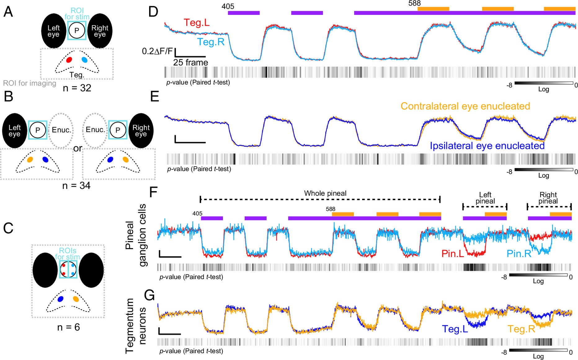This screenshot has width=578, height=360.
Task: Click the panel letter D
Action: click(153, 12)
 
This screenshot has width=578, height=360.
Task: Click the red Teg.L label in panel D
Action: click(196, 22)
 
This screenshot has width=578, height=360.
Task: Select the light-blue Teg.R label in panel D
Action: click(211, 42)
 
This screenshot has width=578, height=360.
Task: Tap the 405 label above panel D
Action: click(228, 6)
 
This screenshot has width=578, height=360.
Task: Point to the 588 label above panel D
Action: click(414, 3)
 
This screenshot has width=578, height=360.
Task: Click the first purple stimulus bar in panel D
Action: click(243, 13)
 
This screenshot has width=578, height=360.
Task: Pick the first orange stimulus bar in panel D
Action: click(433, 9)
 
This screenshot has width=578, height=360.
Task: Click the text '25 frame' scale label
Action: click(190, 62)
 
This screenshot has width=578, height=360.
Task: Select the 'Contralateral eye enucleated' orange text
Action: click(465, 106)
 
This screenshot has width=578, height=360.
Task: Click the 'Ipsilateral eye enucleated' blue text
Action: click(487, 146)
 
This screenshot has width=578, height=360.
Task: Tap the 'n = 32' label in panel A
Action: click(77, 88)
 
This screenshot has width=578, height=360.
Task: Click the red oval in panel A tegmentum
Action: click(69, 60)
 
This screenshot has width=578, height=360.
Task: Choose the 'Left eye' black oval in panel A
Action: click(54, 31)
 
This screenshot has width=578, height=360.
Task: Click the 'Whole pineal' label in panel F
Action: click(325, 193)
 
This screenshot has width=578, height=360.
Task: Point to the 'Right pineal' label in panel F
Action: click(548, 198)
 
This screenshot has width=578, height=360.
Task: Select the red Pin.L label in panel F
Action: click(452, 254)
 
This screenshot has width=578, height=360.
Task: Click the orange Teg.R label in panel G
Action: click(521, 329)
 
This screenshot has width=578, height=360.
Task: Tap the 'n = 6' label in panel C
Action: click(69, 327)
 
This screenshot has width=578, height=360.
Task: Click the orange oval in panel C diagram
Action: click(76, 299)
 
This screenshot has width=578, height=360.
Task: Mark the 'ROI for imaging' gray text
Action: click(30, 83)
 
